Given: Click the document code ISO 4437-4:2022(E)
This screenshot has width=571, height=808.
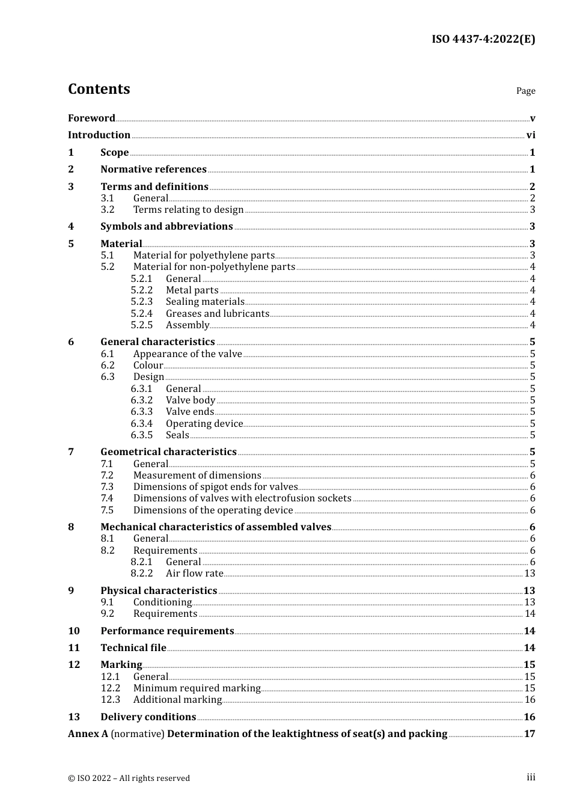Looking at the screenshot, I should (483, 40).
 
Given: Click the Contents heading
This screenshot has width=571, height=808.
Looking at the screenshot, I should (99, 89).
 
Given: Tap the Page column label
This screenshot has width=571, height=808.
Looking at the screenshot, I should (525, 91).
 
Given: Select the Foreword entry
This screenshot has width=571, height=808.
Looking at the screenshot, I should (91, 118).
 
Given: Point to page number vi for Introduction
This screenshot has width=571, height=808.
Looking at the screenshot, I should (531, 135).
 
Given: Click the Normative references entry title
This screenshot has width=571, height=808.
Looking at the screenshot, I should (153, 170).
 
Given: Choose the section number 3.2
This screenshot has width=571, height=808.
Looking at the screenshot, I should (108, 210).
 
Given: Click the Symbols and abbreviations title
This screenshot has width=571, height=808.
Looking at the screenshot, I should (166, 227).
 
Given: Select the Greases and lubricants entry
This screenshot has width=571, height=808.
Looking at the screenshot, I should (218, 314).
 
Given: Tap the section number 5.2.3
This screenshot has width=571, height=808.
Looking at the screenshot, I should (142, 302).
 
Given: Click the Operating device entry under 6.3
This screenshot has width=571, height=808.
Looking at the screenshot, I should (204, 424).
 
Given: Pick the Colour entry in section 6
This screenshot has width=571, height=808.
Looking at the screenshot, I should (148, 366).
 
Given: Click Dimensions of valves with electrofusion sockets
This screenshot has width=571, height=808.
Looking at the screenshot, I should (242, 498).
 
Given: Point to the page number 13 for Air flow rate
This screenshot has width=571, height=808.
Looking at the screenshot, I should (530, 574).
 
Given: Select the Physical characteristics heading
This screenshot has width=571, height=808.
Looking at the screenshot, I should (159, 591).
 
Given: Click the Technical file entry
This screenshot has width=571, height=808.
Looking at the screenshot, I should (133, 648).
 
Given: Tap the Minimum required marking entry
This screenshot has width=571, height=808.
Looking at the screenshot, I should (197, 688).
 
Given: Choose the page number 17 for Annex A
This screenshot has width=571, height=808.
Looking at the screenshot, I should (530, 734).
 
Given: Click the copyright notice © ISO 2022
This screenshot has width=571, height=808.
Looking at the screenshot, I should (129, 779).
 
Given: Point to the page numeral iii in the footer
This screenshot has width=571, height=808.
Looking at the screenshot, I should (531, 777).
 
